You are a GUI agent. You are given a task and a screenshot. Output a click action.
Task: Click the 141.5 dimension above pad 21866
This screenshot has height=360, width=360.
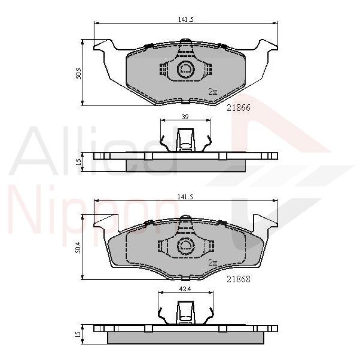tap(186, 19)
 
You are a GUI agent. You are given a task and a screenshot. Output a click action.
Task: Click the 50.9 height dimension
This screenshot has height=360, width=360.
tap(78, 73)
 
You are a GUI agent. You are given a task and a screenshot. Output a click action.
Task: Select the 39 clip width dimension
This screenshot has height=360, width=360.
tap(185, 117)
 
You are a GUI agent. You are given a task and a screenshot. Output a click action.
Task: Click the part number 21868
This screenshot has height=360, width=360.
tap(238, 279)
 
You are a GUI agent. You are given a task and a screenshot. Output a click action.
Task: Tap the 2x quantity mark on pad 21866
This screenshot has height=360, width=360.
tap(213, 92)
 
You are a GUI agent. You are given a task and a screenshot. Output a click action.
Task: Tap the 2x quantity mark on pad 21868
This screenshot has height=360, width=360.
tap(213, 262)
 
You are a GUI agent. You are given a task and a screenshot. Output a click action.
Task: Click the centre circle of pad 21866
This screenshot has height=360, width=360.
tap(185, 69)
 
